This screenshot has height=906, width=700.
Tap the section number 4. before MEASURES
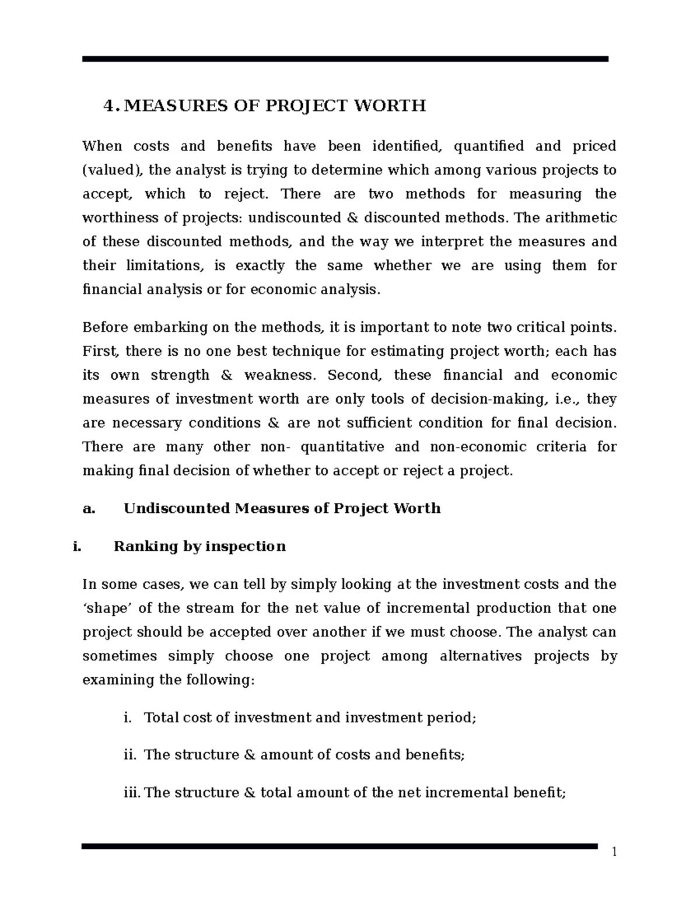(110, 106)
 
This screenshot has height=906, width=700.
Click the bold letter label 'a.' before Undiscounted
(89, 508)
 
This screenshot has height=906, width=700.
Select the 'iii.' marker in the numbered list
(132, 793)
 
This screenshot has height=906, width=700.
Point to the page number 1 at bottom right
(614, 853)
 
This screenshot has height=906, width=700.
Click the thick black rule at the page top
(345, 59)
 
